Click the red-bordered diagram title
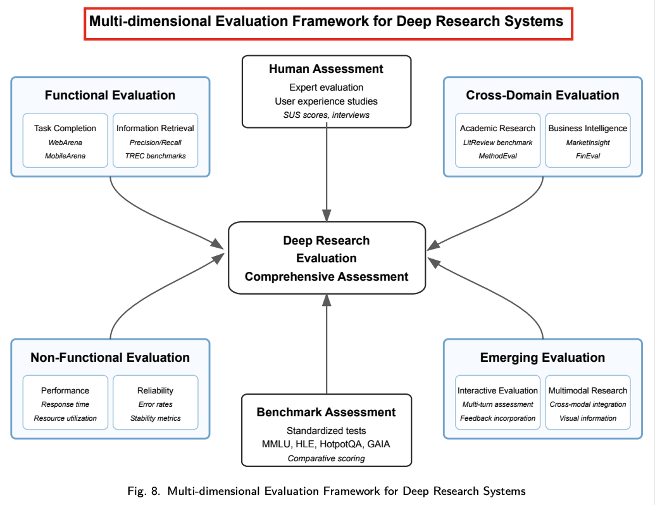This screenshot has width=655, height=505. coord(326,22)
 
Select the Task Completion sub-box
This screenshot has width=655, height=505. coord(65,140)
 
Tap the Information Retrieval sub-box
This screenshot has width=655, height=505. coord(155,140)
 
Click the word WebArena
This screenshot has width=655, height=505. coord(65,143)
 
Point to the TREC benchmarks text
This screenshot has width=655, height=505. coord(155,155)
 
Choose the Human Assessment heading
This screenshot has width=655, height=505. coord(326,69)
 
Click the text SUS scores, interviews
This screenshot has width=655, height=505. coord(326,115)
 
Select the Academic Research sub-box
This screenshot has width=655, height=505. coord(497,140)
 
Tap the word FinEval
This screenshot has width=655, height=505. coord(587,155)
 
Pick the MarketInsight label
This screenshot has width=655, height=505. coord(587,143)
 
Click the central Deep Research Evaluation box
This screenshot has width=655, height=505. coord(327,258)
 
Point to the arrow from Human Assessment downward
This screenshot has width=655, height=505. coord(327,171)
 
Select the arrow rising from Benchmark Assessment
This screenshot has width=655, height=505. coord(327,348)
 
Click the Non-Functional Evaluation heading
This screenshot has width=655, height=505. coord(110,357)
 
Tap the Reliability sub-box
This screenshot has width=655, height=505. coord(155,403)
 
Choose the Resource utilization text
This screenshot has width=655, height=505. coord(65,418)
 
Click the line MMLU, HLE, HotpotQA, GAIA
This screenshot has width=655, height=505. coord(326,444)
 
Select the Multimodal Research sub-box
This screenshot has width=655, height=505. coord(587,403)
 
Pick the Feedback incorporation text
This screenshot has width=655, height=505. coord(497,418)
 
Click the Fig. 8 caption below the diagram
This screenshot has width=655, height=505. coord(326,491)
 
